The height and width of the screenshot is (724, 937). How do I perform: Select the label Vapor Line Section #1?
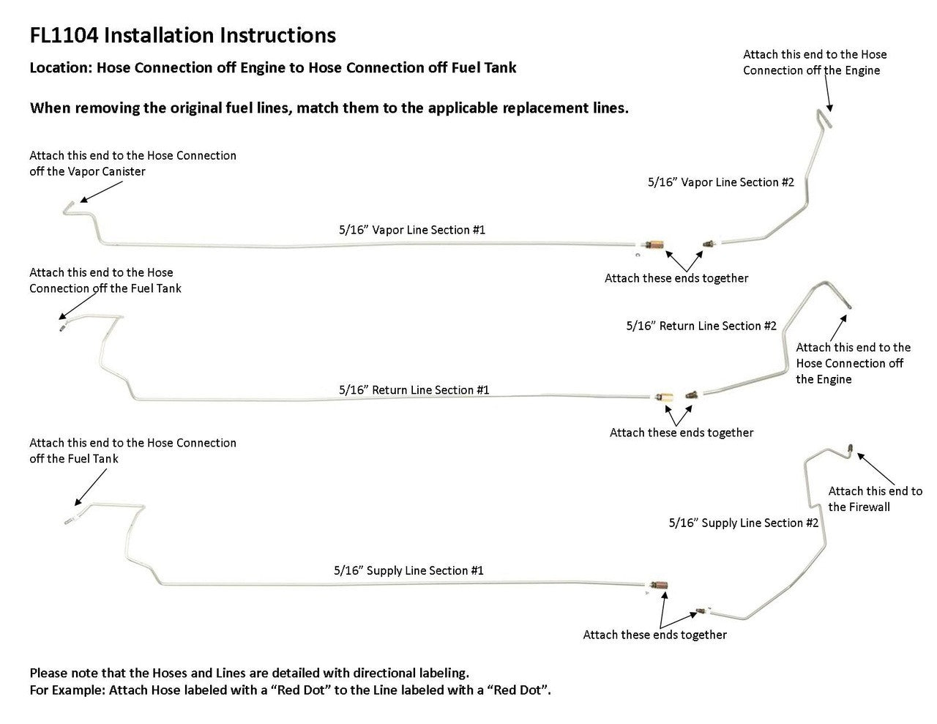[412, 230]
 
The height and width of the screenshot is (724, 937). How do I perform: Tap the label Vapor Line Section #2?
[720, 182]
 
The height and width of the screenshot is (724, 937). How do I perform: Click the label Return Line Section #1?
[414, 390]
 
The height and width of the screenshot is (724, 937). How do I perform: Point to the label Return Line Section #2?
[701, 326]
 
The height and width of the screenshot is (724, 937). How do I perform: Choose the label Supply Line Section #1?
[408, 571]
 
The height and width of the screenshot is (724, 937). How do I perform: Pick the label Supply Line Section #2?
[744, 523]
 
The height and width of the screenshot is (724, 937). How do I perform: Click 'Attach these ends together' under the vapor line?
[676, 278]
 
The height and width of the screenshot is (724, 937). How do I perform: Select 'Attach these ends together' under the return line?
[682, 433]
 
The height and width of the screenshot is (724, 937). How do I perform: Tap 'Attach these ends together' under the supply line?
[654, 635]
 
